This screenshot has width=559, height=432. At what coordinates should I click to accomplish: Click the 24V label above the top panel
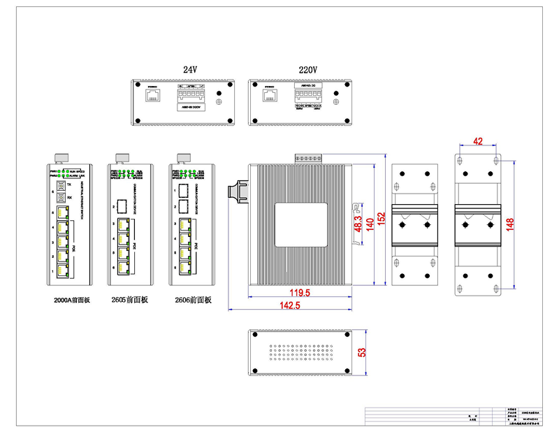190,70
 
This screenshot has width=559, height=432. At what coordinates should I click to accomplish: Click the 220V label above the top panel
307,70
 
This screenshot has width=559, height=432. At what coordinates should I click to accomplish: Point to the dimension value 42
478,141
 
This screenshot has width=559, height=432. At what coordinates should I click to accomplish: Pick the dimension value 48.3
358,223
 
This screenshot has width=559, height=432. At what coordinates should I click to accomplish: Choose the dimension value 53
362,353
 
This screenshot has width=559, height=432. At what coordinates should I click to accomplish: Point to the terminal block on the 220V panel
307,96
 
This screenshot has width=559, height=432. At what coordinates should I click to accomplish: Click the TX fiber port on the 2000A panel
60,185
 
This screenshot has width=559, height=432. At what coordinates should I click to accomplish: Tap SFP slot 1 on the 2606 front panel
183,189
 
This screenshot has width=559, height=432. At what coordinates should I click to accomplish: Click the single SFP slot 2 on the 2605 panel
122,206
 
